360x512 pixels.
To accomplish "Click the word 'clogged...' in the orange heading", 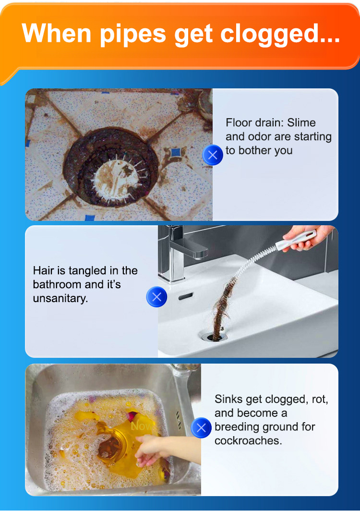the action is [x=280, y=35].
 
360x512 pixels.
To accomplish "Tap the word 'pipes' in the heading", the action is [x=133, y=35].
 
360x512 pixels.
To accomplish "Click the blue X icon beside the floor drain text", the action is [x=213, y=155].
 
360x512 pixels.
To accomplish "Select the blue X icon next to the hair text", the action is [x=156, y=297].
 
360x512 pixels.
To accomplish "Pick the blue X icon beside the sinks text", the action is [x=201, y=427].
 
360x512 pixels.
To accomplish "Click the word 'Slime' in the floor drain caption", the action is [x=301, y=123].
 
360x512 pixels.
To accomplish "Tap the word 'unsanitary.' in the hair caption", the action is [x=60, y=298].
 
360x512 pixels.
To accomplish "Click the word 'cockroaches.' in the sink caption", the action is [x=248, y=441].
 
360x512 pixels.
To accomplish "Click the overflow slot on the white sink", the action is [x=186, y=296].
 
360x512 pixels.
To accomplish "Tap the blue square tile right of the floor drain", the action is [x=176, y=152].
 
